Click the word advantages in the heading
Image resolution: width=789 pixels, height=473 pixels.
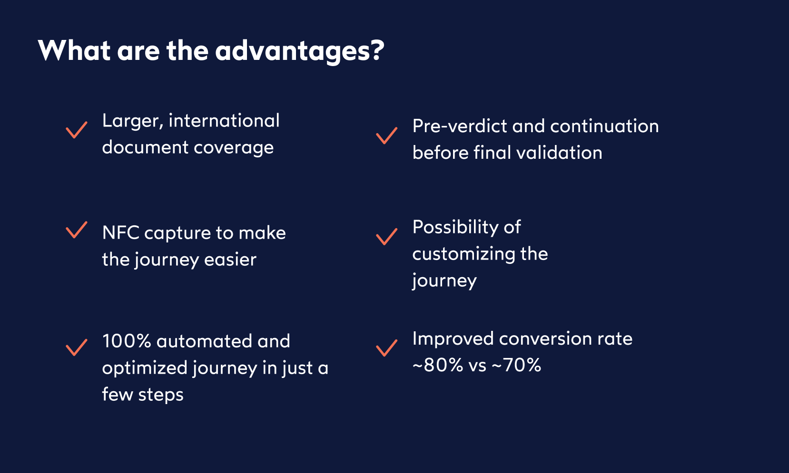pos(299,51)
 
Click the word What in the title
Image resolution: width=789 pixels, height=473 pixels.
pos(74,50)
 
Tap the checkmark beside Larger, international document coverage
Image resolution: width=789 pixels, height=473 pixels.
pos(76,129)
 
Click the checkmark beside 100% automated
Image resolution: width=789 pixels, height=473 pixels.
pos(76,347)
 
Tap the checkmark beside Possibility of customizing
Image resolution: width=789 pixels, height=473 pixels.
pos(386,236)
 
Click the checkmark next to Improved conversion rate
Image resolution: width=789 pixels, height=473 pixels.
pos(386,348)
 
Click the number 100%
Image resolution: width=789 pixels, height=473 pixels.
pos(126,341)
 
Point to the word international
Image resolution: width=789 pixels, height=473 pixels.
pos(224,121)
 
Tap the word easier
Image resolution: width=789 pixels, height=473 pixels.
pos(230,260)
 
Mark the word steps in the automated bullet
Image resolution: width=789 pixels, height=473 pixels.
pos(161,395)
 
